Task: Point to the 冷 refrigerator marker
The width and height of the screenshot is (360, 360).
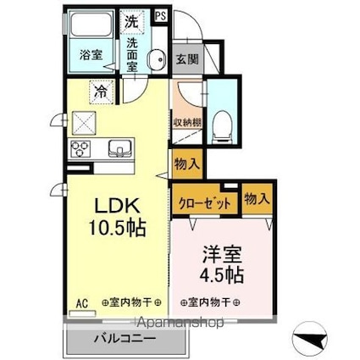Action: coord(101,90)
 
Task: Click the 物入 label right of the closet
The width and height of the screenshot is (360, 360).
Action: coord(257,198)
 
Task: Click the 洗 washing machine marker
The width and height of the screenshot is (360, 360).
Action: coord(132,19)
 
